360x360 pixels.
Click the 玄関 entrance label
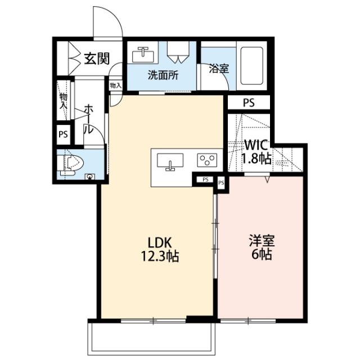point(96,57)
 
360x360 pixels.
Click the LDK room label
point(160,242)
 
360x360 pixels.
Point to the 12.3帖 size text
point(160,257)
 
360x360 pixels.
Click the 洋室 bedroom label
point(262,241)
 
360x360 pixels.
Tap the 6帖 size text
point(262,255)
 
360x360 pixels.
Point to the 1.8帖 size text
point(256,159)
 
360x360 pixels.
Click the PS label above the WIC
point(249,103)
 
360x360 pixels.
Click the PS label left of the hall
point(64,135)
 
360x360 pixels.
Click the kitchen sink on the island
point(169,161)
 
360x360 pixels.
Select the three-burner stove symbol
point(207,160)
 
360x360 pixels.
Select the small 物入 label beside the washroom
point(115,85)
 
